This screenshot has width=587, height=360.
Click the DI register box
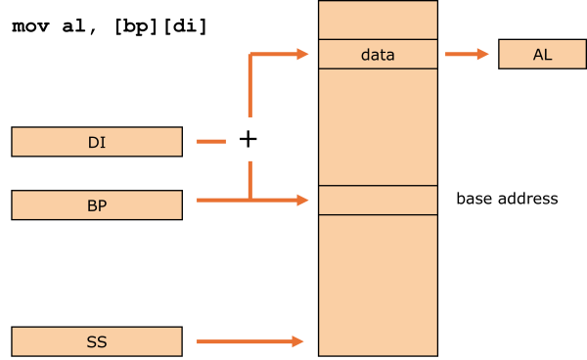[x=97, y=142]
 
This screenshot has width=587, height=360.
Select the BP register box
[x=97, y=204]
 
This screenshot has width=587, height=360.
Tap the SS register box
[x=97, y=341]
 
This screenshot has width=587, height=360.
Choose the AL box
[x=542, y=54]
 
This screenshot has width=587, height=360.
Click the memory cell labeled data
[x=378, y=55]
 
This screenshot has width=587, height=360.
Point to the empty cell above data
[x=378, y=20]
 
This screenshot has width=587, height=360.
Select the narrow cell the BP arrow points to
[x=378, y=200]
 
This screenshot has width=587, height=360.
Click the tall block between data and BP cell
[x=378, y=126]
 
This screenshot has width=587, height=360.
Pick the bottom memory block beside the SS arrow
[x=378, y=284]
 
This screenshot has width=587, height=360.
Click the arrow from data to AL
[x=464, y=55]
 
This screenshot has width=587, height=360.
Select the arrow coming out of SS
[x=245, y=341]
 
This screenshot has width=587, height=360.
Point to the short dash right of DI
[x=211, y=142]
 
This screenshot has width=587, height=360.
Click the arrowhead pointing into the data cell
[x=303, y=55]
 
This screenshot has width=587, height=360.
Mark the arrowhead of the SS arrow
[x=298, y=341]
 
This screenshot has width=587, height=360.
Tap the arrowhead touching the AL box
[x=483, y=55]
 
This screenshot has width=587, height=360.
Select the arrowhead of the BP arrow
[x=303, y=200]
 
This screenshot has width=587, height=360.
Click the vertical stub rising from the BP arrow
[x=250, y=180]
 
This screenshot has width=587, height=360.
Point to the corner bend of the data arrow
[x=251, y=56]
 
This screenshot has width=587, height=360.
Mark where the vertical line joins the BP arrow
[x=250, y=200]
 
